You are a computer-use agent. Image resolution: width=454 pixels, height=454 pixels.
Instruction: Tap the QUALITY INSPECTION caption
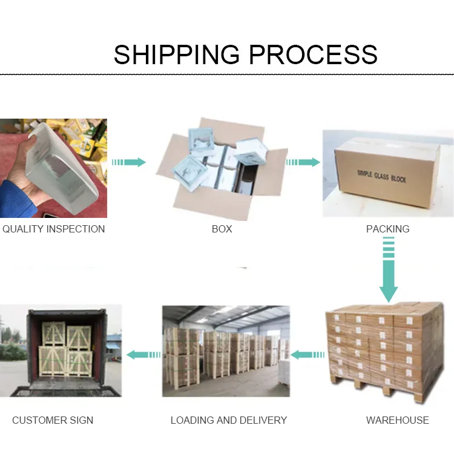click(53, 229)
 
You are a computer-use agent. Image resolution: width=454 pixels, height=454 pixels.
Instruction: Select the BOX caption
click(222, 229)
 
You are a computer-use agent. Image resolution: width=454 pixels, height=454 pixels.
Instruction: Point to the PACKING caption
click(387, 229)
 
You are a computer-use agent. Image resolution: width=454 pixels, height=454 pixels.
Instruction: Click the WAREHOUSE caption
click(397, 420)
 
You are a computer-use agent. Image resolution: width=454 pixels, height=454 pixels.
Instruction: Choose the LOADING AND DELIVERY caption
click(228, 420)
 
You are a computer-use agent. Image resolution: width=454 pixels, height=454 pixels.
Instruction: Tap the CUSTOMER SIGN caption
click(53, 420)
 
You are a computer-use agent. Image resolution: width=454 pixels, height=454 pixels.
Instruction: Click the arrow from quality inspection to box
click(128, 162)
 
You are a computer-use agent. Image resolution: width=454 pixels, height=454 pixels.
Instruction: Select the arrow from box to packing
click(303, 162)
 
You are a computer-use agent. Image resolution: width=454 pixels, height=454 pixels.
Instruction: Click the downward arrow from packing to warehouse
click(389, 269)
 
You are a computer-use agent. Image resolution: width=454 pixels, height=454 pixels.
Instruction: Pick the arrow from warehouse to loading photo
click(307, 354)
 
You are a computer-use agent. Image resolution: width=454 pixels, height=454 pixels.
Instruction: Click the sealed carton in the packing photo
click(387, 176)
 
